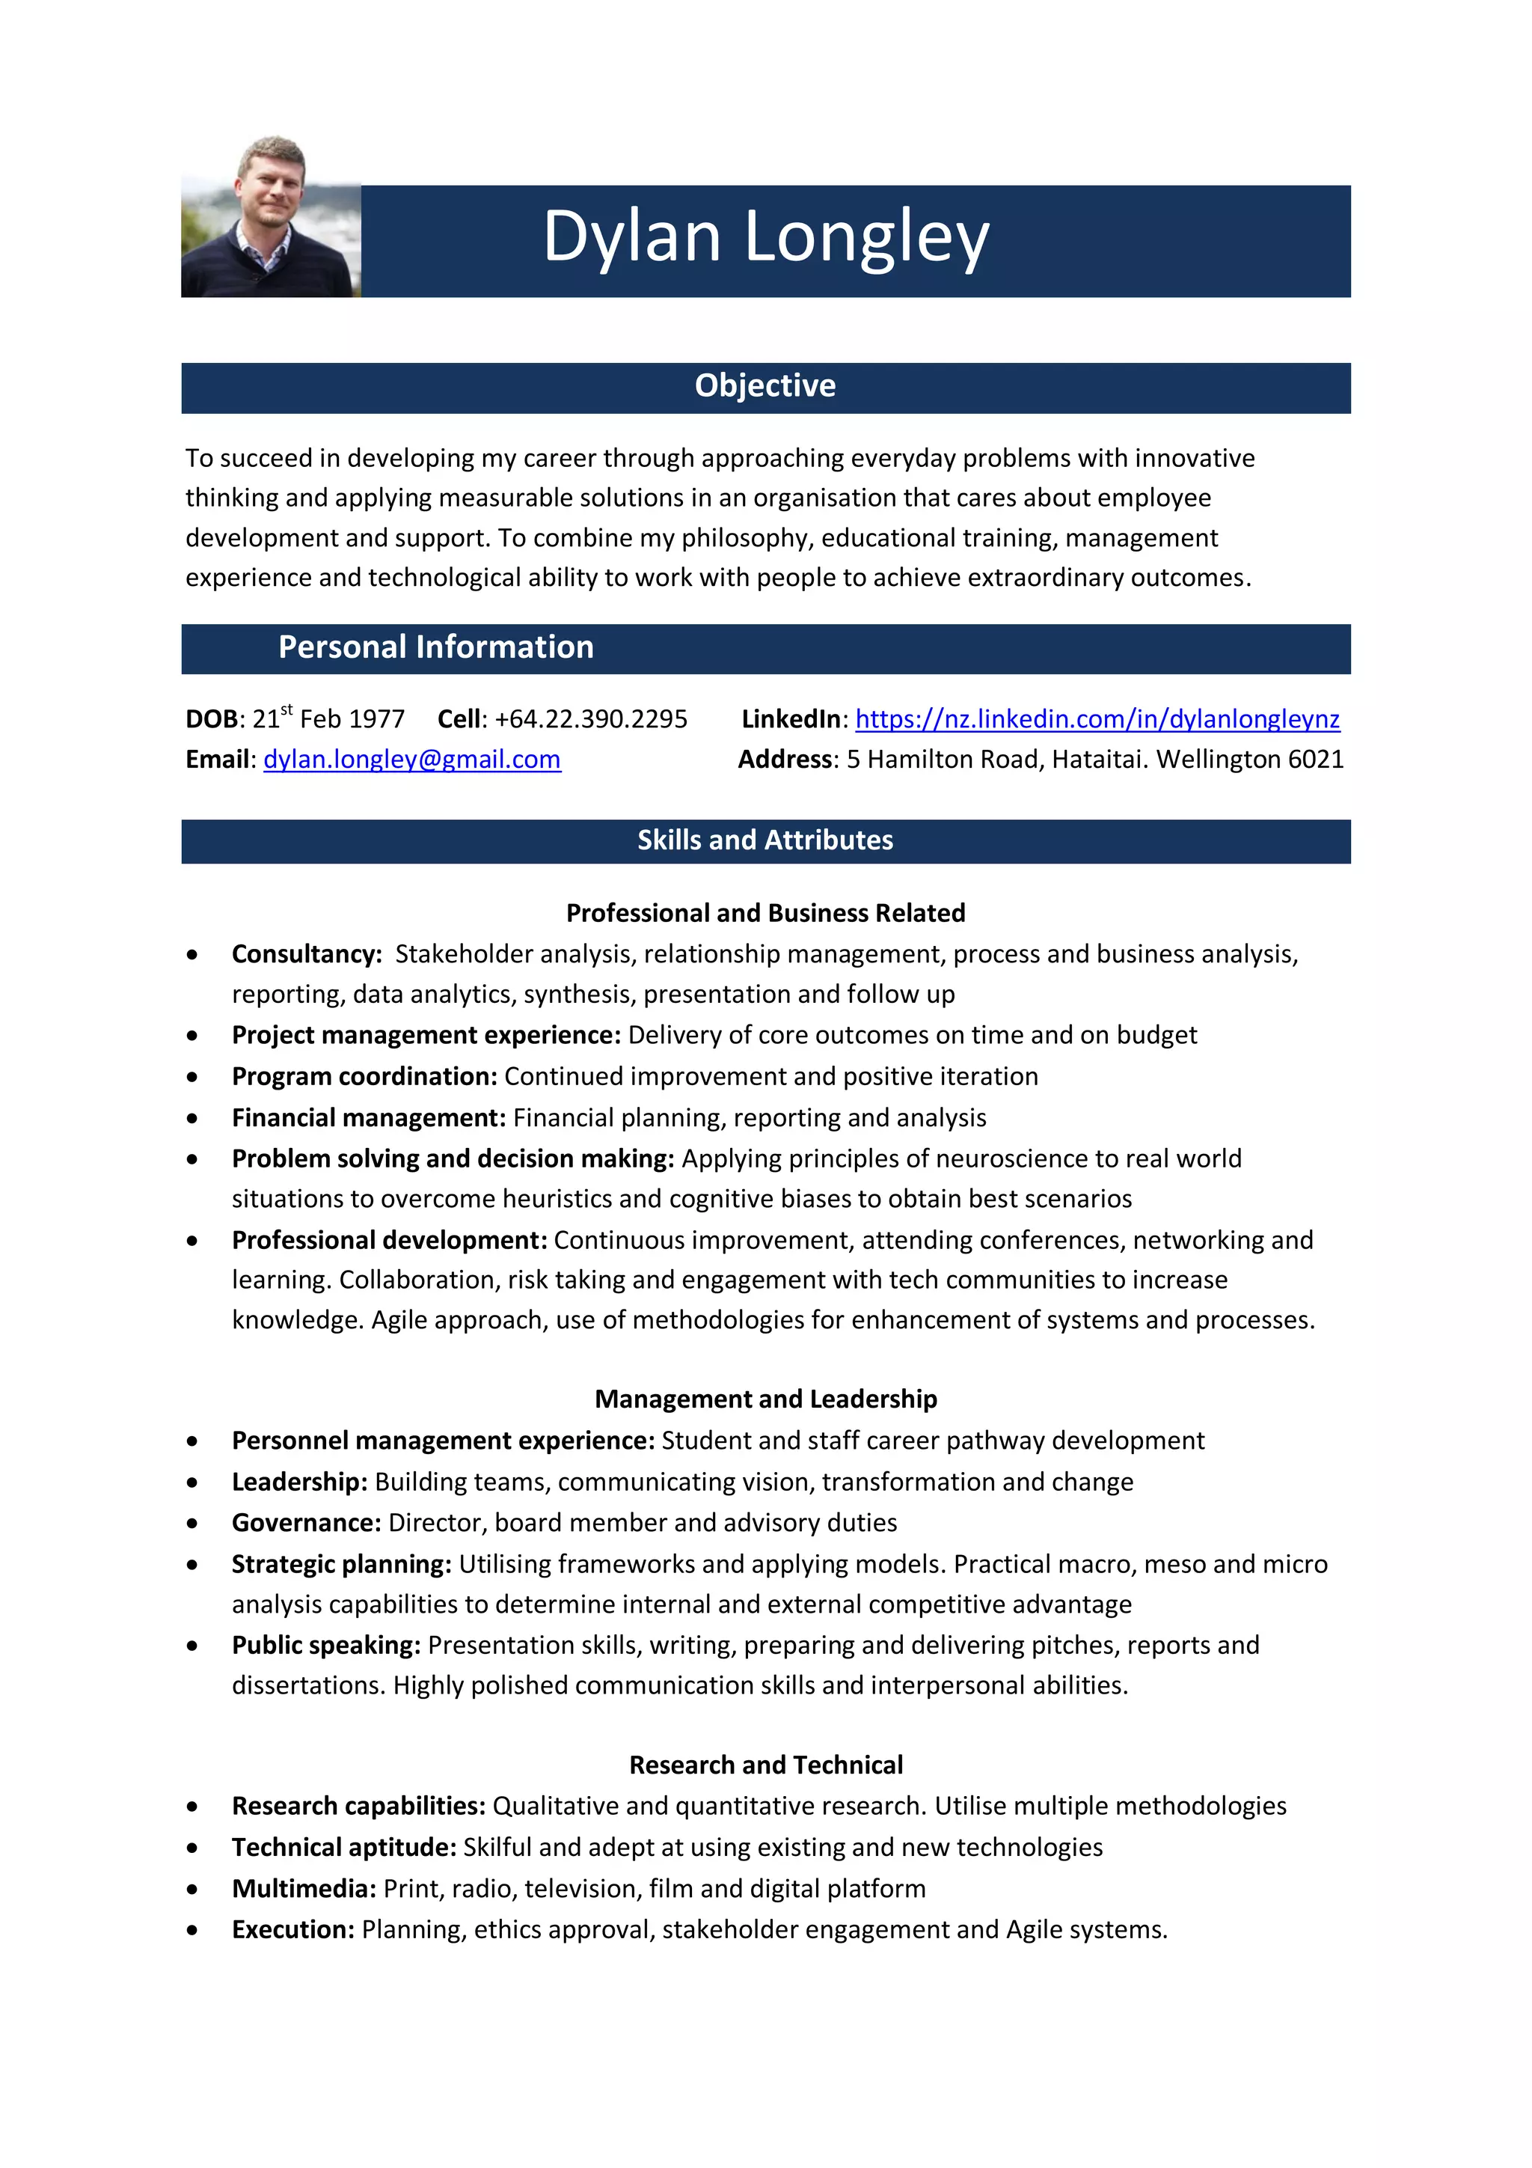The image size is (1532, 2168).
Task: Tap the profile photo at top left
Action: coord(271,217)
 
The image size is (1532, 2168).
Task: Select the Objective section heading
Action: coord(765,386)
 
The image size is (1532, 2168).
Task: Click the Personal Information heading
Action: coord(435,648)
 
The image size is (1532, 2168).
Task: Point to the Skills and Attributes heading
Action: coord(765,840)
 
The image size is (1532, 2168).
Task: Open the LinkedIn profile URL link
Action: coord(1097,719)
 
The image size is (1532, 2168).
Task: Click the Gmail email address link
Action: coord(411,760)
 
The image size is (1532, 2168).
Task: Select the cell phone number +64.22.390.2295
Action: coord(591,719)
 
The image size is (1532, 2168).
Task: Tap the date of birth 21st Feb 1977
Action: coord(328,719)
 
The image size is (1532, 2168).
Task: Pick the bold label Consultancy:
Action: coord(307,955)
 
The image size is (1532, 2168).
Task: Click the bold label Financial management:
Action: coord(369,1118)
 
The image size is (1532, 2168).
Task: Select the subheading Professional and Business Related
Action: coord(765,913)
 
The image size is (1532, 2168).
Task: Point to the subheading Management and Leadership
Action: coord(765,1399)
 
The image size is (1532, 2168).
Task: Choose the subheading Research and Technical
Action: coord(765,1765)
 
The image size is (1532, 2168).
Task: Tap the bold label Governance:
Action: coord(307,1523)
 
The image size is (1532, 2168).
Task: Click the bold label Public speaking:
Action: coord(325,1645)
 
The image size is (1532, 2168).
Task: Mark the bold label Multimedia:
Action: coord(304,1889)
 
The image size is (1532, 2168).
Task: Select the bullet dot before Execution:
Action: coord(192,1930)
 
